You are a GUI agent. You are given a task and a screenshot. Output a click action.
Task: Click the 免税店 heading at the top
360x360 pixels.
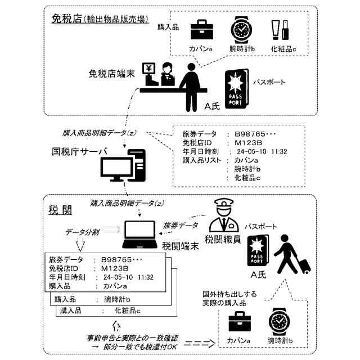[66, 19]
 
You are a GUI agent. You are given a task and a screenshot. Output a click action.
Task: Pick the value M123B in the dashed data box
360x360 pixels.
[246, 143]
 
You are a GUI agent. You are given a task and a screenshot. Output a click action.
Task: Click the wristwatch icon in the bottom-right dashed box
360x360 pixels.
[279, 319]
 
